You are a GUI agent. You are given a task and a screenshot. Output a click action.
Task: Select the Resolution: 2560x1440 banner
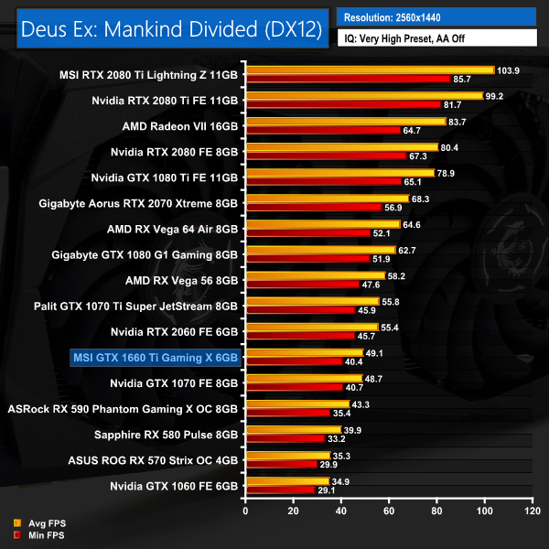(436, 17)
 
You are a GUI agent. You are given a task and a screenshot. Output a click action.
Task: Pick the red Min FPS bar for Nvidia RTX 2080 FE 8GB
(326, 156)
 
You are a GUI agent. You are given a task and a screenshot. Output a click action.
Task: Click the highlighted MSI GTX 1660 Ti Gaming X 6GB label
(155, 356)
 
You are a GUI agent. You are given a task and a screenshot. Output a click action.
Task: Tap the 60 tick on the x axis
(388, 511)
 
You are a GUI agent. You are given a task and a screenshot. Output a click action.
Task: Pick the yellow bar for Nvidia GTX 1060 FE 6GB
(286, 480)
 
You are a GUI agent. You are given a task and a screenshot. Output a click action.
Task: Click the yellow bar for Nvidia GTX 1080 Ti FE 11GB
(339, 173)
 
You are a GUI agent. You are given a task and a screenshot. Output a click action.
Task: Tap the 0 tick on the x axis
(245, 511)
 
